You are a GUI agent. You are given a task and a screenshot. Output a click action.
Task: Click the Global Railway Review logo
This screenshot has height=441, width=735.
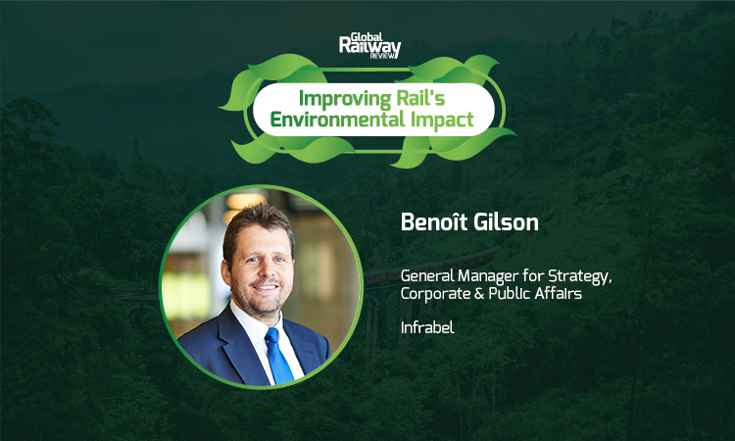(x=369, y=45)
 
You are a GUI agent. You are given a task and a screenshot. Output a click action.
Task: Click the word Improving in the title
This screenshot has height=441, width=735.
(x=345, y=99)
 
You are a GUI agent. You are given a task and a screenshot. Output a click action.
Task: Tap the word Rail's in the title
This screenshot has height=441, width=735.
(x=420, y=97)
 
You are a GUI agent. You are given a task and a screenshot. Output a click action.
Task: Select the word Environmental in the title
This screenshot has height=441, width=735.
(x=337, y=120)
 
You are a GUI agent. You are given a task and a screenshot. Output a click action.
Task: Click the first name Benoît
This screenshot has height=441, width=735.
(x=433, y=221)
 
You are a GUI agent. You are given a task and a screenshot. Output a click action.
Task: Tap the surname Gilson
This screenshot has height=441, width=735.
(x=506, y=221)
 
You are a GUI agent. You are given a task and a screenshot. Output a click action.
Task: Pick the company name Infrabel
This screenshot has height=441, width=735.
(x=427, y=327)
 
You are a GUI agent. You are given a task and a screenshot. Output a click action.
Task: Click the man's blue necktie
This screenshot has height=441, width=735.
(x=279, y=356)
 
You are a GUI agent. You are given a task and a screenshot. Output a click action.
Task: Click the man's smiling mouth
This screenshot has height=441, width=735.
(x=266, y=286)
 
